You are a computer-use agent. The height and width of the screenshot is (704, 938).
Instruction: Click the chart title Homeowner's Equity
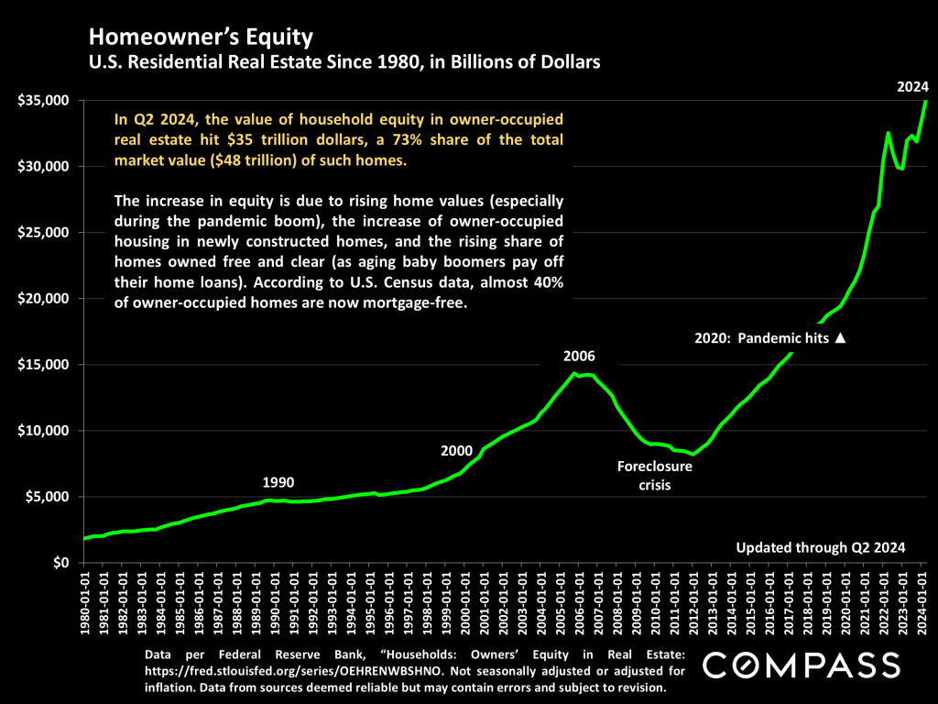point(201,38)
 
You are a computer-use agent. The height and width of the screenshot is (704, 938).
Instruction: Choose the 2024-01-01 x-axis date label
point(922,604)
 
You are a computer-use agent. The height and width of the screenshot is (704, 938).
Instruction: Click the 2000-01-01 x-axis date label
point(466,604)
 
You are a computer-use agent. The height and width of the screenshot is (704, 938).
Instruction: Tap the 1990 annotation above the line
point(278,482)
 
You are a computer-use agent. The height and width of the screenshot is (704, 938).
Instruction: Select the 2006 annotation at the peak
point(579,356)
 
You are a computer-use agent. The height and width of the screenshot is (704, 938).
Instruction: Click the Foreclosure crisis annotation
point(654,475)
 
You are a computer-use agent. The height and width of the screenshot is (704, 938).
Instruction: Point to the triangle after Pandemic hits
point(840,338)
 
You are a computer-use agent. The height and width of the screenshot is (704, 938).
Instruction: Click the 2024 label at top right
point(912,88)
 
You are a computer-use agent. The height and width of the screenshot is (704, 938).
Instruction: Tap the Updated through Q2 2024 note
point(821,548)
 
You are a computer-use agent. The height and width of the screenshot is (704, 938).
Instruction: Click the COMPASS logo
point(800,665)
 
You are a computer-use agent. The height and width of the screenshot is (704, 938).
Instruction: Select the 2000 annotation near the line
point(456,450)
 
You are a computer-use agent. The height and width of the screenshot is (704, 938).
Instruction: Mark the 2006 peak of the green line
point(574,372)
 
